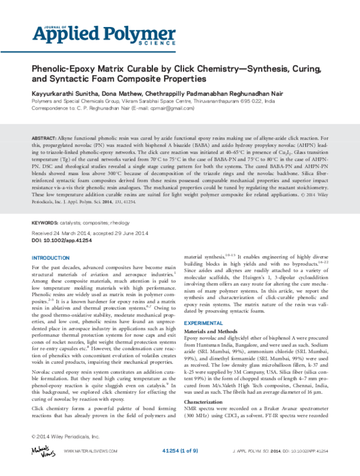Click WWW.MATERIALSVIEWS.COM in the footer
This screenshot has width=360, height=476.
89,466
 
